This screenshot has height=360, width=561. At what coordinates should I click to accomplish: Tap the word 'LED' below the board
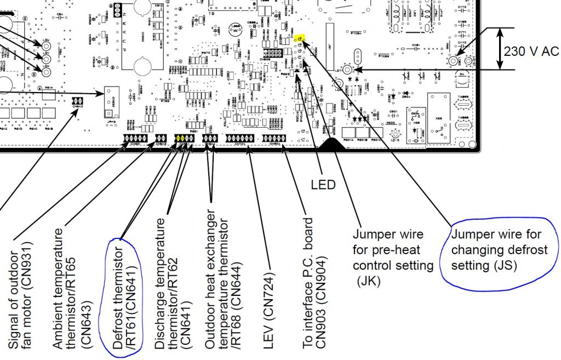click(323, 185)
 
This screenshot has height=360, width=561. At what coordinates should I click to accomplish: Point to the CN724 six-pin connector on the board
click(240, 138)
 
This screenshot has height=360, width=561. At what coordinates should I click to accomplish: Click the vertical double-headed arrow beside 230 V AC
click(500, 48)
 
